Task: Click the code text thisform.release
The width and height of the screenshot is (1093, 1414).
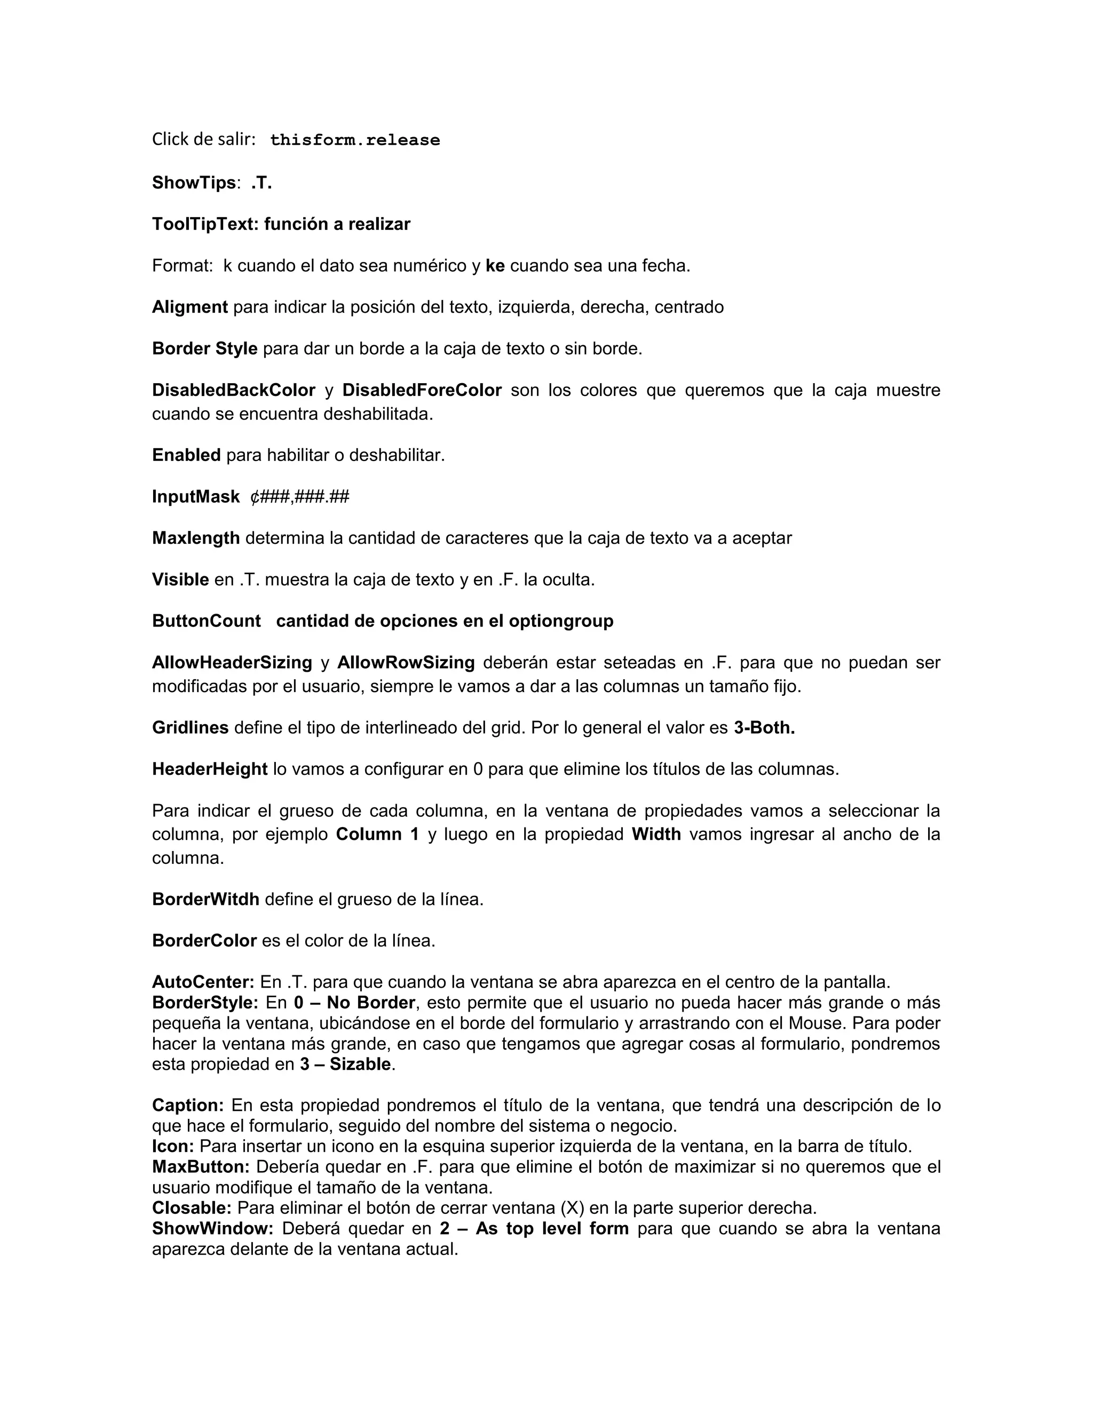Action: pyautogui.click(x=355, y=140)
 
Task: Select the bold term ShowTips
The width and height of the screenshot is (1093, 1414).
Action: pyautogui.click(x=194, y=183)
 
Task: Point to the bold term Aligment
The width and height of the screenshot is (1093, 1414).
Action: pyautogui.click(x=189, y=307)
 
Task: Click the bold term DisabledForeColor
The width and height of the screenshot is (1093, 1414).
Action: pyautogui.click(x=422, y=391)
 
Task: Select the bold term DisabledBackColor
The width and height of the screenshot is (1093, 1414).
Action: pyautogui.click(x=234, y=391)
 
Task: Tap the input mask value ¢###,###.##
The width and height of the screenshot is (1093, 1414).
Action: pyautogui.click(x=300, y=497)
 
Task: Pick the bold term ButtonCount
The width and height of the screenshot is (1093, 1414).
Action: pyautogui.click(x=207, y=622)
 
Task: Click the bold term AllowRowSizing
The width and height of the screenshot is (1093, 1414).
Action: pyautogui.click(x=406, y=663)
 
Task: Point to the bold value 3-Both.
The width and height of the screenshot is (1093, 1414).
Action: pyautogui.click(x=764, y=728)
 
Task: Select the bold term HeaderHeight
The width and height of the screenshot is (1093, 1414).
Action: pyautogui.click(x=210, y=770)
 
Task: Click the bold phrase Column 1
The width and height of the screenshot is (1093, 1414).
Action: pyautogui.click(x=377, y=835)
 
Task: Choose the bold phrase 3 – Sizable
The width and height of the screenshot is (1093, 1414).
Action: pyautogui.click(x=345, y=1065)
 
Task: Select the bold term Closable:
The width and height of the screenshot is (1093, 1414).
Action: pyautogui.click(x=192, y=1208)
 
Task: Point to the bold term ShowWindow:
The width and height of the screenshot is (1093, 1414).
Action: pyautogui.click(x=212, y=1229)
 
